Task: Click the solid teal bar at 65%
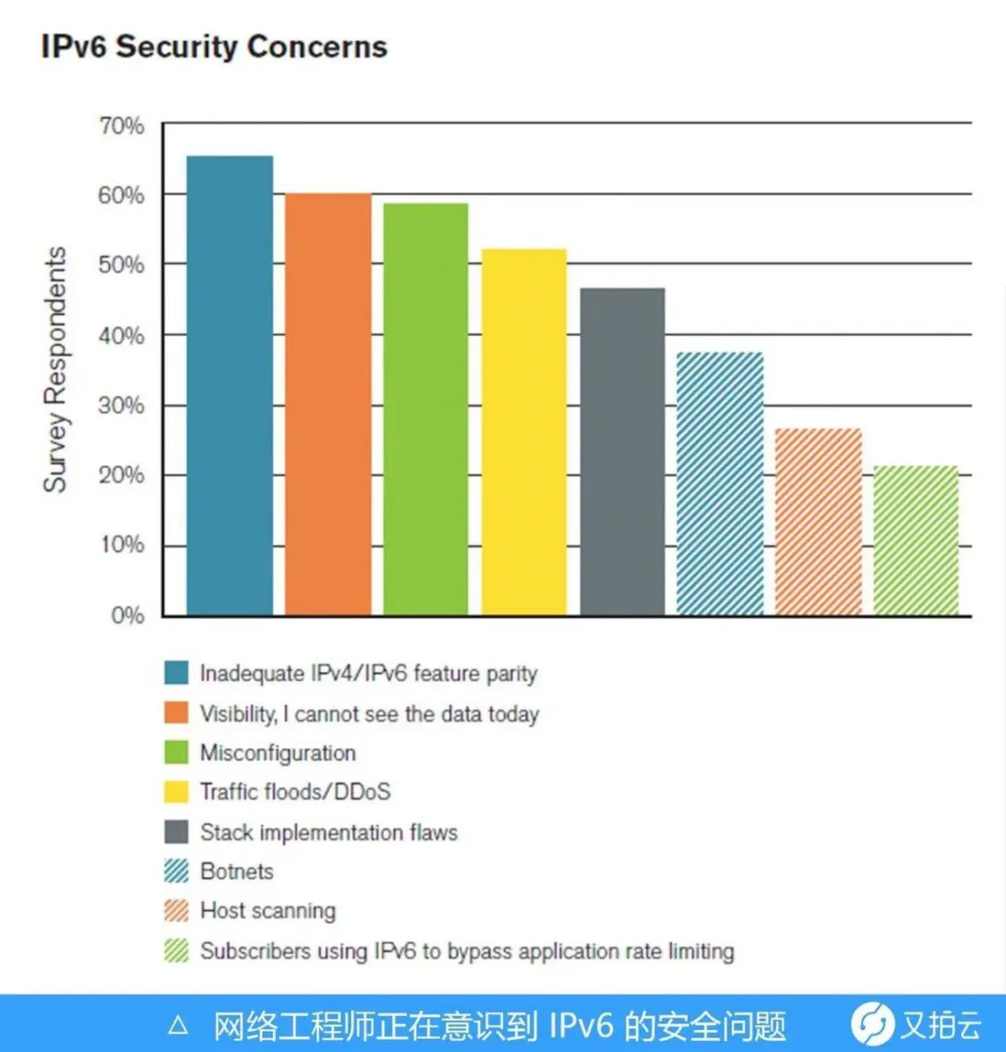click(x=229, y=385)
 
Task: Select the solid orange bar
click(x=328, y=404)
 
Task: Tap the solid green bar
click(x=425, y=408)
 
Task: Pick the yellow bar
click(x=524, y=431)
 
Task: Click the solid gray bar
click(x=622, y=451)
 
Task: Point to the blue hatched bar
click(x=720, y=483)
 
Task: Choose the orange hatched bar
click(x=818, y=521)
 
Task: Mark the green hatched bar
click(x=915, y=540)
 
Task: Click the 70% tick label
click(x=121, y=125)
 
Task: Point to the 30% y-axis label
click(x=121, y=405)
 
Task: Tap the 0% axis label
click(x=127, y=615)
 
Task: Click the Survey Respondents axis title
click(x=55, y=369)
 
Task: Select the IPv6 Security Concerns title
click(x=213, y=47)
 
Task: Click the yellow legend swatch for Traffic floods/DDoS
click(x=176, y=791)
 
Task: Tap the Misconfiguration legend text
click(x=278, y=753)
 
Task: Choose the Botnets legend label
click(x=236, y=871)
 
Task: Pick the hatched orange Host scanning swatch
click(x=176, y=910)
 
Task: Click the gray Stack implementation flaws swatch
click(x=176, y=831)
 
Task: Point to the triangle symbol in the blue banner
click(x=179, y=1025)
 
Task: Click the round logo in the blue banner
click(x=871, y=1024)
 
